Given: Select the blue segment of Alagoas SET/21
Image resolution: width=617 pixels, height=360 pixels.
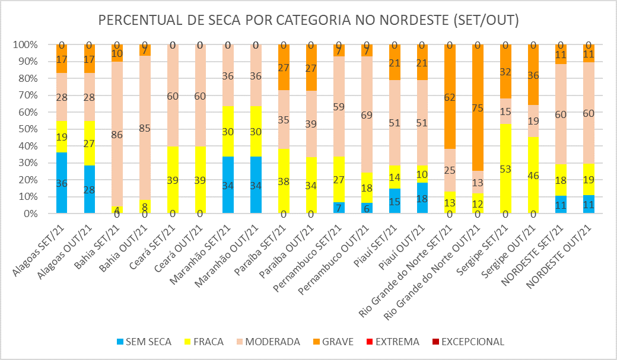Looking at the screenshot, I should click(x=61, y=183).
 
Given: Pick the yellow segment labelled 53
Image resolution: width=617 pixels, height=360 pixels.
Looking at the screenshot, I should click(x=505, y=168).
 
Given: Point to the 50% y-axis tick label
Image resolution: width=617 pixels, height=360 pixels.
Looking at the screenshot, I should click(x=26, y=129).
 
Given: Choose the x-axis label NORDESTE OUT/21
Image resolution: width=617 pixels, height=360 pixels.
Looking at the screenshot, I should click(x=570, y=249).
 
